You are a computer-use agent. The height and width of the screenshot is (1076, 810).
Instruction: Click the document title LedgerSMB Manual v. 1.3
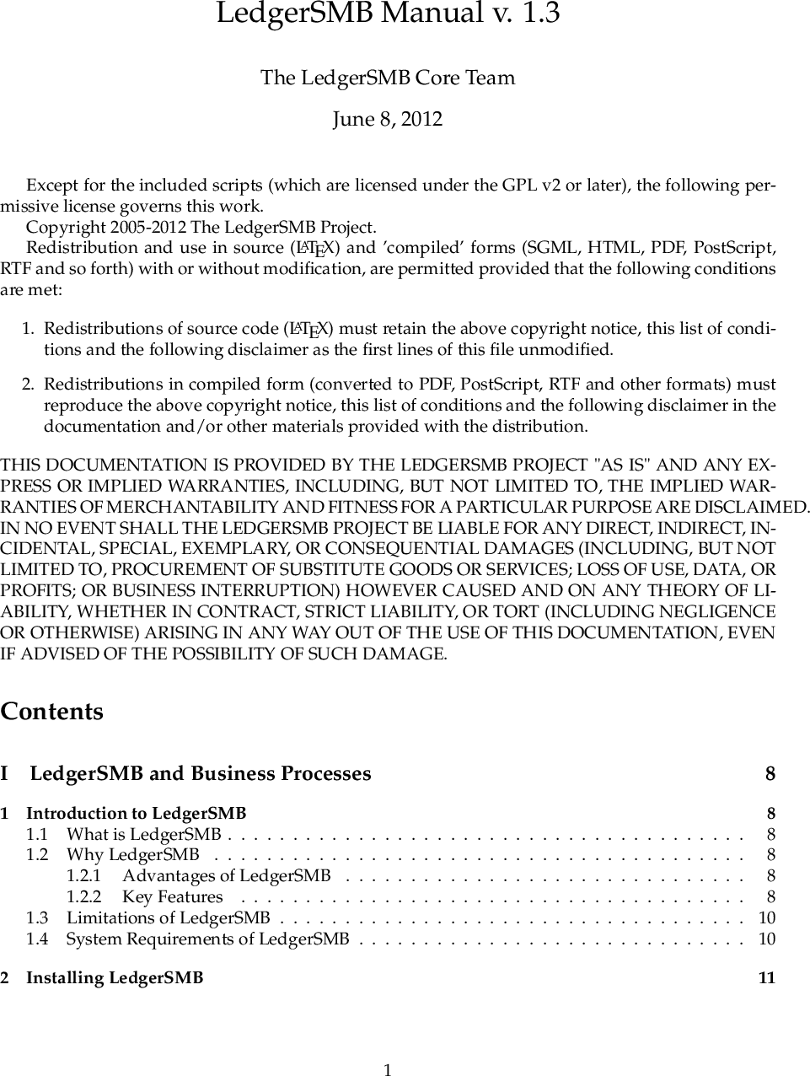coord(388,14)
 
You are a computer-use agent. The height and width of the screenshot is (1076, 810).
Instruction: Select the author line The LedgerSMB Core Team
coord(388,78)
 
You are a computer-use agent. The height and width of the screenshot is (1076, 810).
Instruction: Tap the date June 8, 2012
coord(388,119)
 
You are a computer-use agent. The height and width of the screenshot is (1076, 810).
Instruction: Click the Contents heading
coord(52,712)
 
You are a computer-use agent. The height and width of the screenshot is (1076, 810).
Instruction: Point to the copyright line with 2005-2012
coord(201,228)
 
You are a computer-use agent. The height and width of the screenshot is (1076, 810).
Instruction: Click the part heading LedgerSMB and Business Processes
coord(201,774)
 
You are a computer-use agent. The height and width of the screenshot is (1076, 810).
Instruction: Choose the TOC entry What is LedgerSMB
coord(143,835)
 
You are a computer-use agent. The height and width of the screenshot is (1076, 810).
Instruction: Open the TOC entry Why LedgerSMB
coord(132,855)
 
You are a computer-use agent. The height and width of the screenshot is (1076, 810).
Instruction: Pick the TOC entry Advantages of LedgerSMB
coord(226,876)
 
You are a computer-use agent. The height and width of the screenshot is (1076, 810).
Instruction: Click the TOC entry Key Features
coord(173,897)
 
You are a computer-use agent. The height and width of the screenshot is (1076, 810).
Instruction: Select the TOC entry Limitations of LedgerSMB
coord(168,917)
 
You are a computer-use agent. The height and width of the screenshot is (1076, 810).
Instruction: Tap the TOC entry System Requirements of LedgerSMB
coord(207,939)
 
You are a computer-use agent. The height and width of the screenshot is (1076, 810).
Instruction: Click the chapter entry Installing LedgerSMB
coord(115,978)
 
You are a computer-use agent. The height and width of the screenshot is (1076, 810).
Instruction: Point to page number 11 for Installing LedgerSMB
coord(767,978)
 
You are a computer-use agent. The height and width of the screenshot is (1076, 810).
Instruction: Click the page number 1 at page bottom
coord(388,1071)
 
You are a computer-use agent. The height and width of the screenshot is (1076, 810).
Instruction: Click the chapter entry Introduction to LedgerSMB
coord(137,814)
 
